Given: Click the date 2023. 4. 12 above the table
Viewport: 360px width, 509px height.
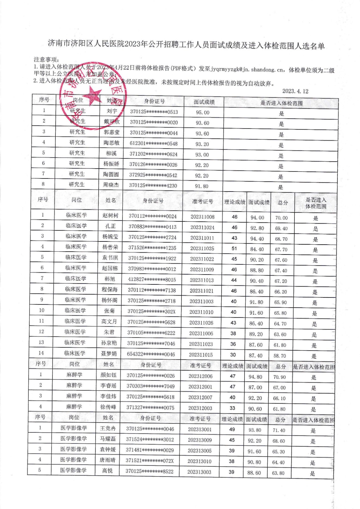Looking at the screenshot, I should coord(295,91).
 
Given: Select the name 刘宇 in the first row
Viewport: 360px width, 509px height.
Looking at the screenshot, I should coord(112,111).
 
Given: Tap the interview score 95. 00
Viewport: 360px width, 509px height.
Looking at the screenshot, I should coord(202,113).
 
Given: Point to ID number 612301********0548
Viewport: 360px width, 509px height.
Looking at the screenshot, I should coord(153,144).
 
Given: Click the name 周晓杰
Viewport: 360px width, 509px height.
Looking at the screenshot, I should coord(111,185).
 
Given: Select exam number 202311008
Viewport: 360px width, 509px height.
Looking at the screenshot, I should coord(202,217).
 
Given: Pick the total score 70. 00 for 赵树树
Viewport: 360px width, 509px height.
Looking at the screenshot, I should coord(281,218).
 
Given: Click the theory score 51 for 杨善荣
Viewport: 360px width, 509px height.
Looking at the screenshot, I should coord(234,248).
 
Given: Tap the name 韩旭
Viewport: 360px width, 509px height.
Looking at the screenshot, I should coord(110,279).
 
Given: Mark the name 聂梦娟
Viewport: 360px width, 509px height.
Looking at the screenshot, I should coord(109,353).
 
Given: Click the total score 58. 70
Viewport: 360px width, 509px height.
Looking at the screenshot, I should coord(279,356).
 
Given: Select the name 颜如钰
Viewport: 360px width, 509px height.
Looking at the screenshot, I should coord(108,375).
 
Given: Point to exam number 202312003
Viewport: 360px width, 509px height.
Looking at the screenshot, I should coord(200,408).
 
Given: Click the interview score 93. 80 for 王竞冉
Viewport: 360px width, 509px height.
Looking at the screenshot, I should coord(254,430).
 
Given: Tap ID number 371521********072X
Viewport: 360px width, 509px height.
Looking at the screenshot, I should coord(150,461).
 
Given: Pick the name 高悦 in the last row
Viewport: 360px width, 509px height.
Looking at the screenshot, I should coord(107,471).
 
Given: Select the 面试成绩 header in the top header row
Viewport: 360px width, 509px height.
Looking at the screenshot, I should coord(204,102).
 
